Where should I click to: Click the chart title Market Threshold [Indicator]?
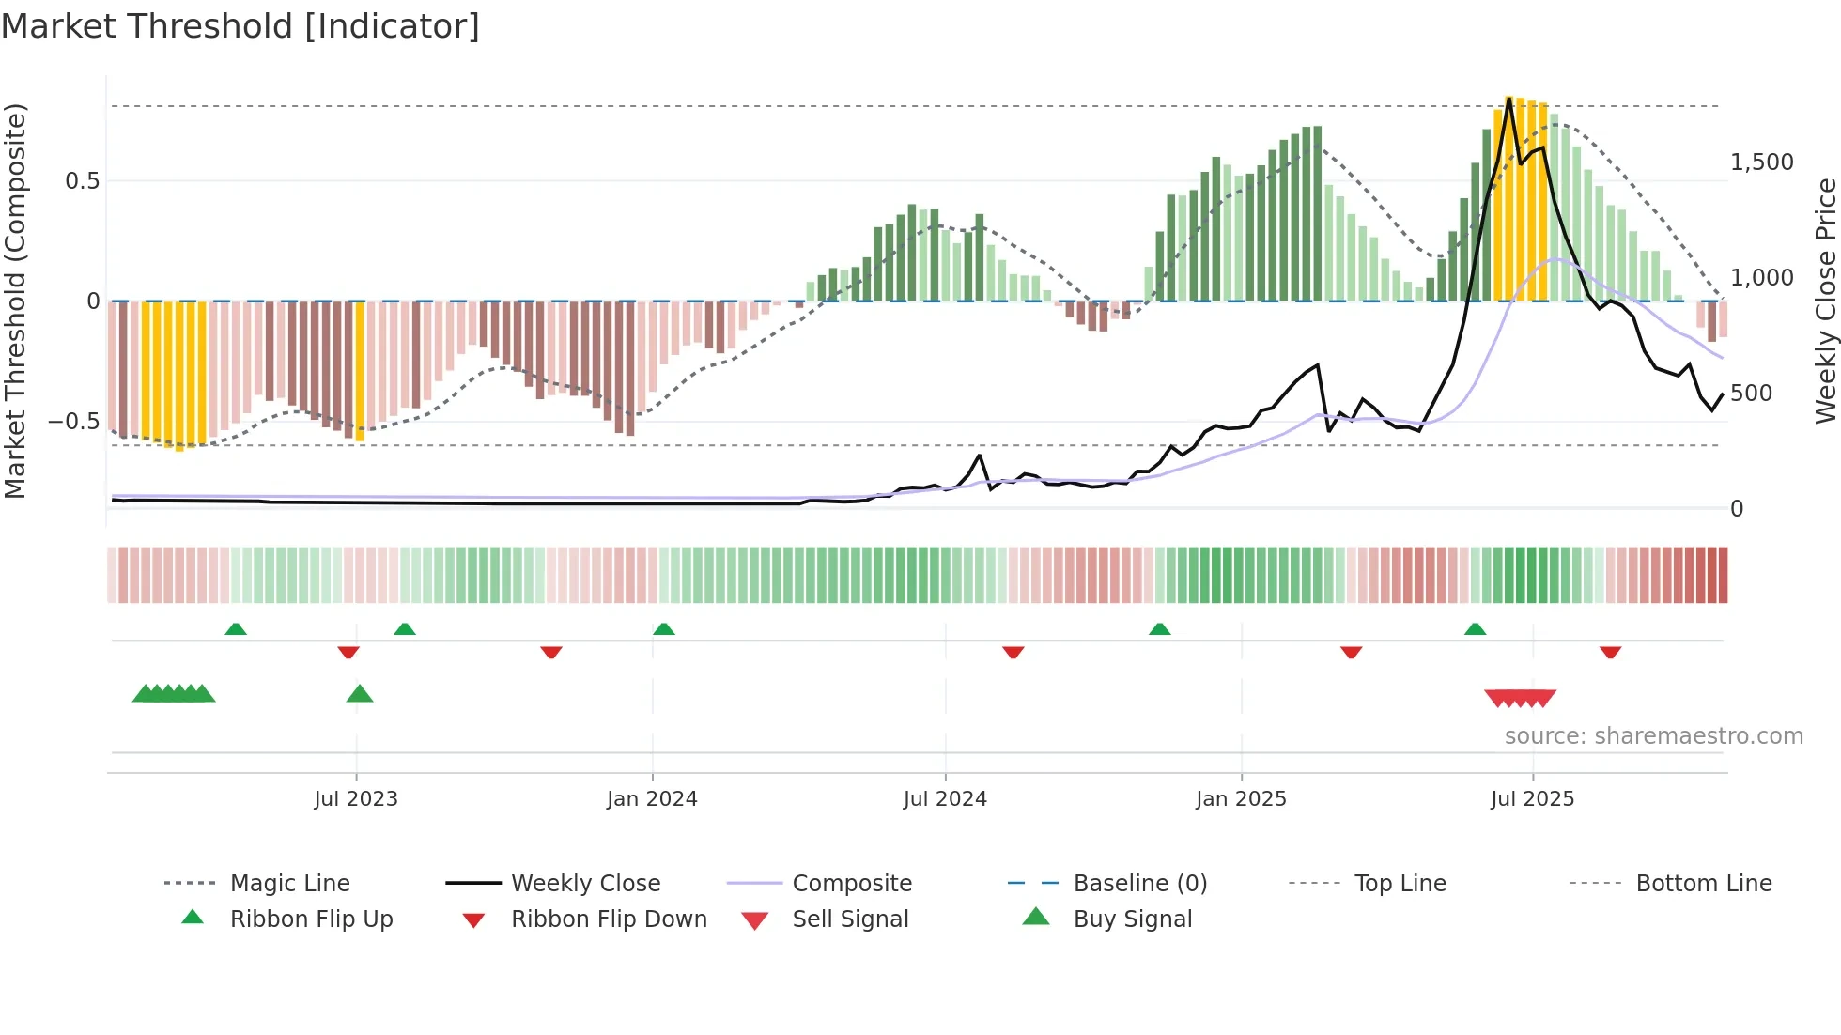[240, 26]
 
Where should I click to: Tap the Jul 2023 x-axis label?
[356, 799]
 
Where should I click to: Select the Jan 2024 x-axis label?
[652, 799]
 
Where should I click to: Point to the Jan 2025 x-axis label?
[1241, 799]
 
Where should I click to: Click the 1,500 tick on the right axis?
[1762, 162]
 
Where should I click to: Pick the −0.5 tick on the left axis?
[74, 422]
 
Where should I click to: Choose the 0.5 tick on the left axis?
[82, 181]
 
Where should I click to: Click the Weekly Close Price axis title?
[1825, 301]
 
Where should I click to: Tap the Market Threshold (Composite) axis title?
[15, 301]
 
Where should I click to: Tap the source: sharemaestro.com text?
[1653, 736]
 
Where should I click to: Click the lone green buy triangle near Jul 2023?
[360, 694]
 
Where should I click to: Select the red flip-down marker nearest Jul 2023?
[348, 652]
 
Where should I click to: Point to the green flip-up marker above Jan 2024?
[664, 629]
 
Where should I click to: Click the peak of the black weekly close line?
[1508, 99]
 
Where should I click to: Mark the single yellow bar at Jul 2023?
[360, 371]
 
